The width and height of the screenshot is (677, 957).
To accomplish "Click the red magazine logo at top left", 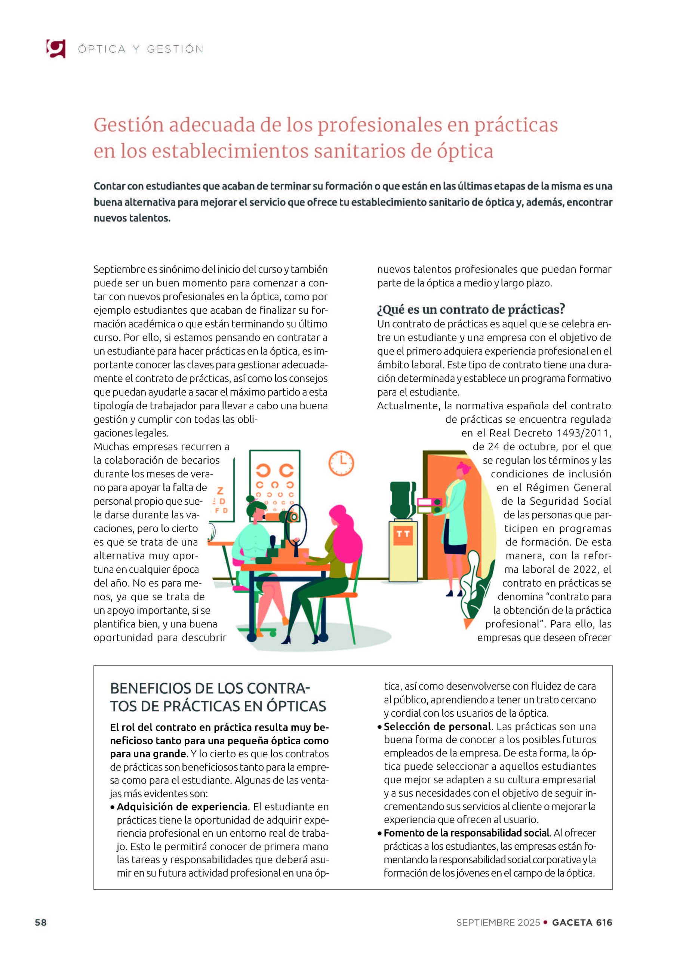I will pos(56,48).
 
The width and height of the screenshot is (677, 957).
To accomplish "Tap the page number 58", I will pos(41,922).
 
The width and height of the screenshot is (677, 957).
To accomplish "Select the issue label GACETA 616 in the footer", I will pos(582,922).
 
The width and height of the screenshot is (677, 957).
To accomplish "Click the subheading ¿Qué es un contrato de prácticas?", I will pos(471,309).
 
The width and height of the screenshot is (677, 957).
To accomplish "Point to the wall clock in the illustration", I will pos(341,463).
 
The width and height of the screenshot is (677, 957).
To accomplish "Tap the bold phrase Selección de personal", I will pos(437,726).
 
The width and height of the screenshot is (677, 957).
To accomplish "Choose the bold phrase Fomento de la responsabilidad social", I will pos(467,833).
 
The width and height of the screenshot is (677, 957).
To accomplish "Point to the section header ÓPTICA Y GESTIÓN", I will pos(141,49).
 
